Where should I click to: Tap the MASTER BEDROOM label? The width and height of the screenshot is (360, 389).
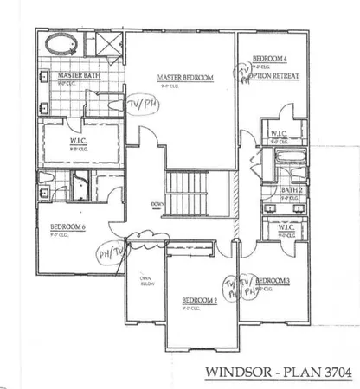pyautogui.click(x=185, y=79)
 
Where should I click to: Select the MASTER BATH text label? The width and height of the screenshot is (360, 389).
pyautogui.click(x=78, y=76)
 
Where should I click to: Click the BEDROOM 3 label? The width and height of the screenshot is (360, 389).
pyautogui.click(x=274, y=281)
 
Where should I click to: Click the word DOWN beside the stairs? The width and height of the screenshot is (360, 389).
pyautogui.click(x=157, y=205)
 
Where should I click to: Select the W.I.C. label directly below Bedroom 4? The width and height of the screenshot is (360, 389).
pyautogui.click(x=279, y=133)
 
